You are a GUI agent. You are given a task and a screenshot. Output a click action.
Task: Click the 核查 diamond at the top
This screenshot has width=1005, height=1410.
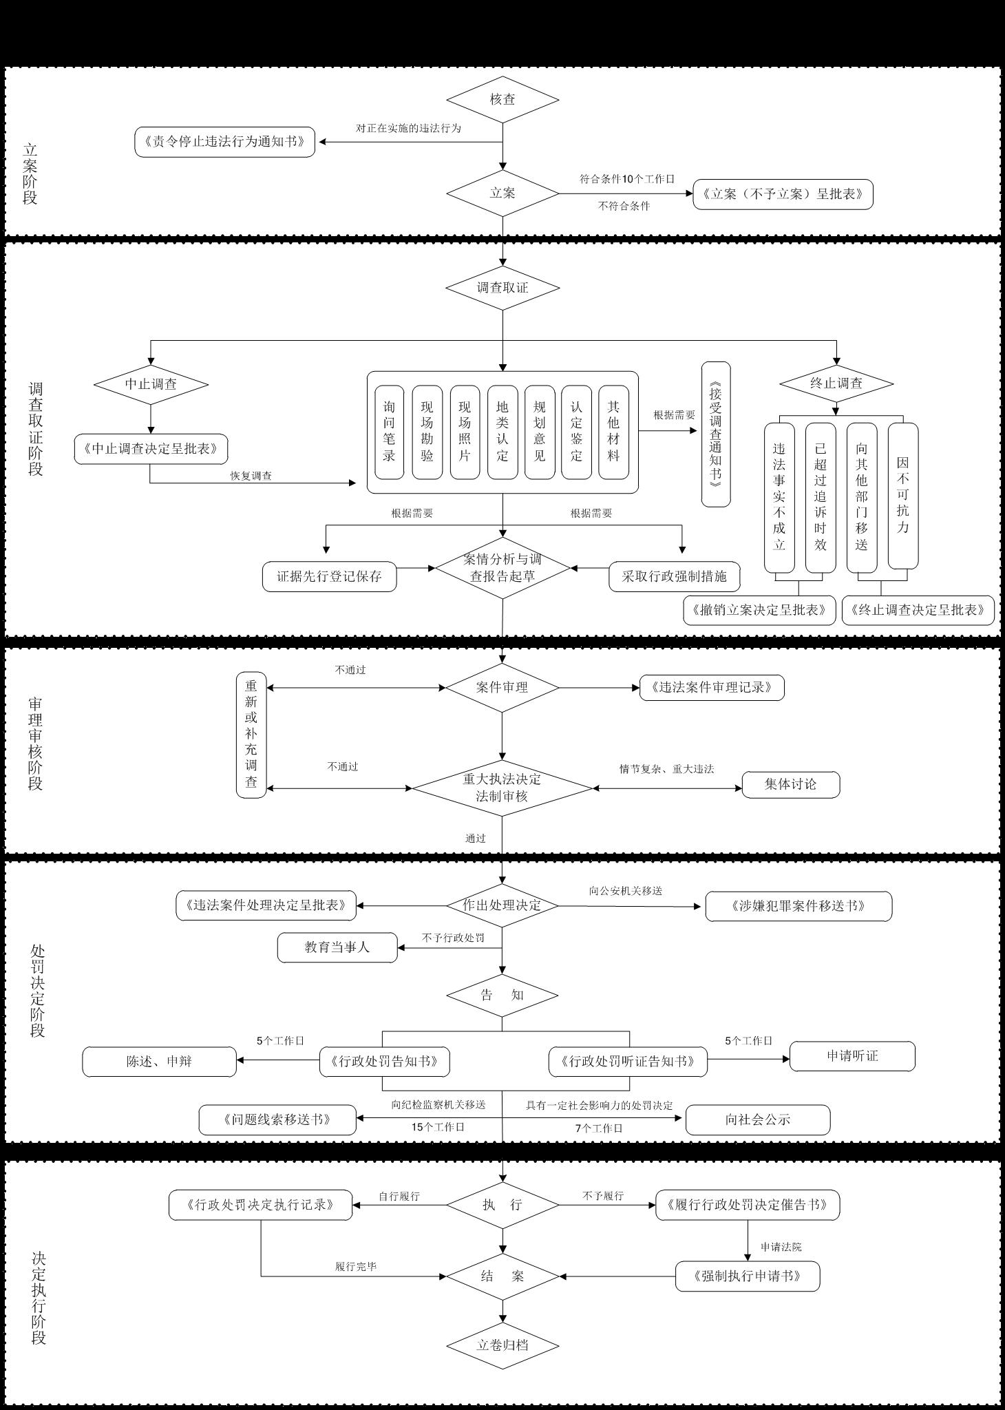[x=502, y=99]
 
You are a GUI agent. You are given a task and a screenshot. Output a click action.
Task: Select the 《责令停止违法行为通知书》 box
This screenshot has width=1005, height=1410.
[x=224, y=142]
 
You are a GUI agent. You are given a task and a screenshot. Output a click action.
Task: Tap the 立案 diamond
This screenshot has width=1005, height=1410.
[x=502, y=193]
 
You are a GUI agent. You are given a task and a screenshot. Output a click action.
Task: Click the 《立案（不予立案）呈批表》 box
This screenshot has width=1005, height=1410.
[x=783, y=194]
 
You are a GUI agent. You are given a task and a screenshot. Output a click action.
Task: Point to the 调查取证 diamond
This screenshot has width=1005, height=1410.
[x=502, y=287]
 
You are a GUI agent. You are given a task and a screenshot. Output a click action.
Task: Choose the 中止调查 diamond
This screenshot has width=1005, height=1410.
[x=151, y=383]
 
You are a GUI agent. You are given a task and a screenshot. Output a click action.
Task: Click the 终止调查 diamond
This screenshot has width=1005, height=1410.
[x=836, y=383]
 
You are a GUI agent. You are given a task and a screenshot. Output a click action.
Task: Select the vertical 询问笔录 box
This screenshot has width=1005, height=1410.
[x=389, y=432]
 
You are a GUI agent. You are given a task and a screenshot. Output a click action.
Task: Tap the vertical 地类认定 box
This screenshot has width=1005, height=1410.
[x=502, y=432]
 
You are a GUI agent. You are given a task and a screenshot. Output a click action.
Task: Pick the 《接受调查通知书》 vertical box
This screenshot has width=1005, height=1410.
[x=716, y=434]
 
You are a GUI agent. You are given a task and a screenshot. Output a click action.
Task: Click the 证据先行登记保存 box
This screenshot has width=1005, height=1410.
[x=330, y=576]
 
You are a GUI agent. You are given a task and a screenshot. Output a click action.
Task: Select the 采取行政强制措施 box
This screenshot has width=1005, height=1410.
[x=675, y=576]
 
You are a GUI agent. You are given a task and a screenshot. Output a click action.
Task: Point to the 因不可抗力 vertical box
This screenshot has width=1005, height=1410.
[x=903, y=496]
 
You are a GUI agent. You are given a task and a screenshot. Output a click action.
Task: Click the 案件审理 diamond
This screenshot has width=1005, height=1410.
[x=502, y=687]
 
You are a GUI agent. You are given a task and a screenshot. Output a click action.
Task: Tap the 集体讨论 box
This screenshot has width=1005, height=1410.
[x=791, y=784]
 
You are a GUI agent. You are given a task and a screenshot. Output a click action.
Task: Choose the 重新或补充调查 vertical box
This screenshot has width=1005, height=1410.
[x=251, y=735]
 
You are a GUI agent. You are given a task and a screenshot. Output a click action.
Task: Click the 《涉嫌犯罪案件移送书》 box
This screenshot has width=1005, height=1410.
[x=798, y=906]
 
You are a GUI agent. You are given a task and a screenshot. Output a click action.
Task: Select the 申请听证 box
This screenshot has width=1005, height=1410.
[x=852, y=1056]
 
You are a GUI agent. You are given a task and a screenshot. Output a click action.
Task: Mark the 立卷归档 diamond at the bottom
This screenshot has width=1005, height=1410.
[x=502, y=1345]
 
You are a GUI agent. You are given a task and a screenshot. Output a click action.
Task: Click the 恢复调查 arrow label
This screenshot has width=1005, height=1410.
[x=251, y=476]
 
